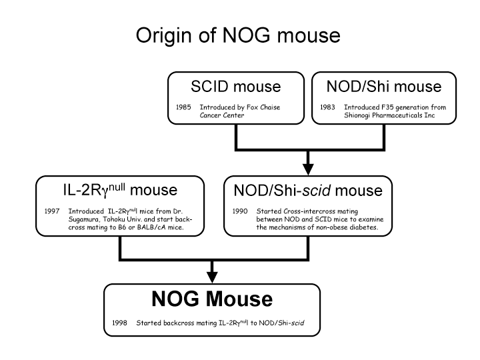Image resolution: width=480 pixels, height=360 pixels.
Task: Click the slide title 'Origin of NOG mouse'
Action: [x=238, y=35]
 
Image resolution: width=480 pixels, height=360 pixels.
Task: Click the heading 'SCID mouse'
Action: [x=235, y=87]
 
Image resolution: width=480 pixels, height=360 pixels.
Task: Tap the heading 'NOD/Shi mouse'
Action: [x=384, y=87]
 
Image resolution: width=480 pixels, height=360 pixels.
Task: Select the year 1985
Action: [x=183, y=107]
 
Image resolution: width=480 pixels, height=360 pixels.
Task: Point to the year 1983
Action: [x=327, y=107]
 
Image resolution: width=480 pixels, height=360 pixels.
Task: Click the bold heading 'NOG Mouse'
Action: [x=212, y=299]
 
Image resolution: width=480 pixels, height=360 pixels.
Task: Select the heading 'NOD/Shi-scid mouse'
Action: [x=308, y=191]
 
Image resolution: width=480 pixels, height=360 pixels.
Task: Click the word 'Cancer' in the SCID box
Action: [x=213, y=115]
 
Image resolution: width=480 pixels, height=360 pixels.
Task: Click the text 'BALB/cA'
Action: [x=147, y=227]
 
